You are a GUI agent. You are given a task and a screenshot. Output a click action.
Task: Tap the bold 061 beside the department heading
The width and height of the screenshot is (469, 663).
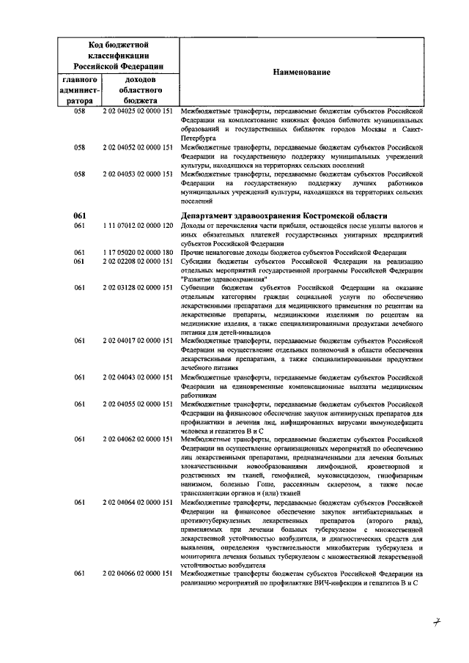point(80,215)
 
